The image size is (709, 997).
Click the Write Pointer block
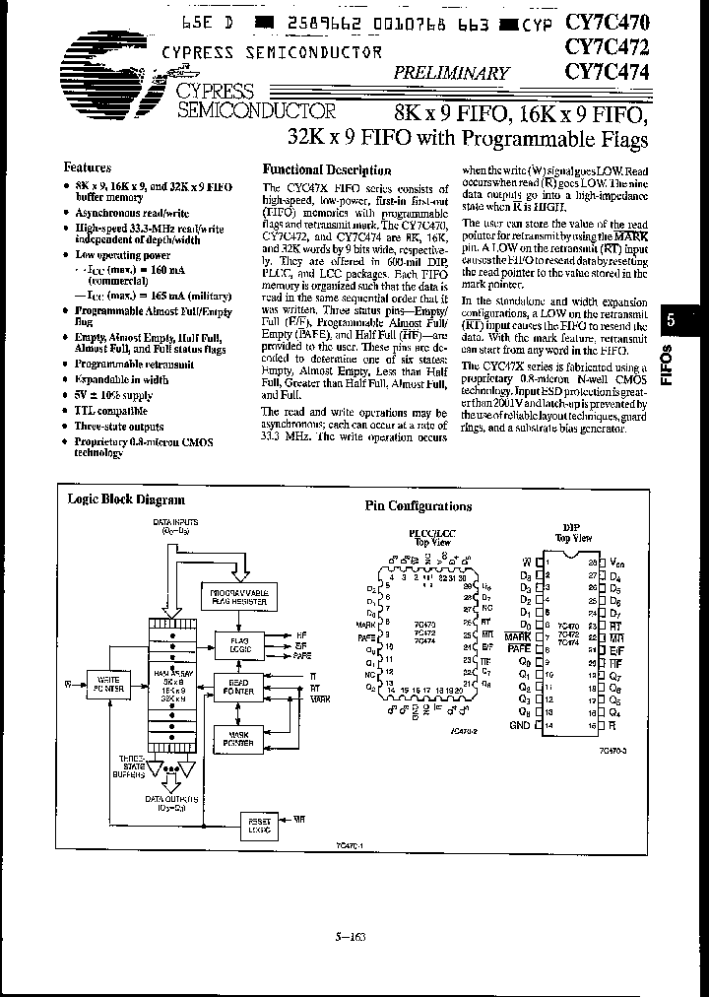(x=102, y=682)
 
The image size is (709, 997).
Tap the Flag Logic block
(x=241, y=643)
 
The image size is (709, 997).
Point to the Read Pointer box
(x=241, y=687)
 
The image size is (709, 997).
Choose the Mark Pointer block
(x=241, y=738)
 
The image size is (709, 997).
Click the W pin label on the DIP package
(x=527, y=562)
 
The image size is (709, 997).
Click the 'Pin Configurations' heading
(x=419, y=506)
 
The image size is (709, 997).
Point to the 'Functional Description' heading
(x=320, y=169)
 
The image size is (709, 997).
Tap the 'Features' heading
(x=88, y=167)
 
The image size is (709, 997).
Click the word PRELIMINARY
(x=452, y=73)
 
